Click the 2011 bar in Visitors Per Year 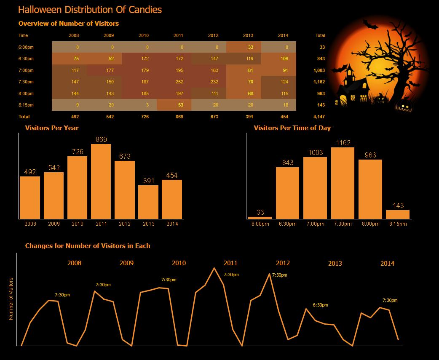pos(101,181)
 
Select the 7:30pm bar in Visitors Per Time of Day pos(343,183)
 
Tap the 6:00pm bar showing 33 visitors pos(260,218)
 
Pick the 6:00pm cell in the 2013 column pos(244,47)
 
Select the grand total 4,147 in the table pos(319,117)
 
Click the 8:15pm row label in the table pos(26,105)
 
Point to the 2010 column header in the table pos(144,35)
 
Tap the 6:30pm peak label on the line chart pos(320,305)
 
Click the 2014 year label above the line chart pos(387,263)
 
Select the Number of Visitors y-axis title pos(11,299)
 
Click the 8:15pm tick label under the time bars pos(398,224)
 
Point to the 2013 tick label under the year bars pos(149,224)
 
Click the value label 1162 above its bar pos(343,143)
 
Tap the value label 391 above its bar pos(149,181)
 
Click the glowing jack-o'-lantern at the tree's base pos(404,106)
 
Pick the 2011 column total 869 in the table pos(179,117)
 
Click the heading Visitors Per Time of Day pos(292,128)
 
